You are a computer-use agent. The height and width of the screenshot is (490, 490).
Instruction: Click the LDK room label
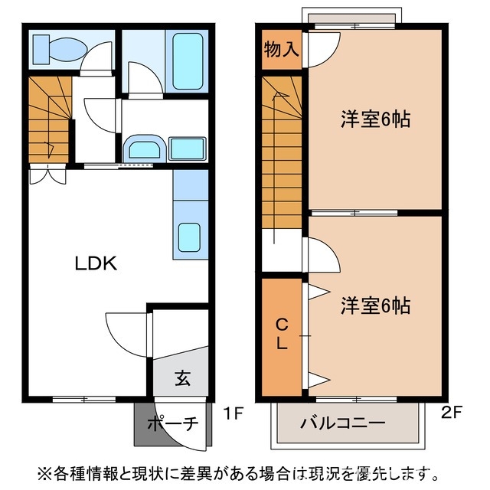pyautogui.click(x=95, y=264)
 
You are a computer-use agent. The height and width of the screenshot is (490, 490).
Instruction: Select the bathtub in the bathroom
pyautogui.click(x=189, y=60)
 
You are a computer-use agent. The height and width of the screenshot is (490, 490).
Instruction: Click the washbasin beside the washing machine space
pyautogui.click(x=143, y=147)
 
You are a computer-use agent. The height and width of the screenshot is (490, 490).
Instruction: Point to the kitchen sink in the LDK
pyautogui.click(x=189, y=237)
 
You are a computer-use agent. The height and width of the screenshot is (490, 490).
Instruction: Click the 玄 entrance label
pyautogui.click(x=182, y=377)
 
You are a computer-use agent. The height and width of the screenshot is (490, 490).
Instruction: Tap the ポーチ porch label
pyautogui.click(x=171, y=423)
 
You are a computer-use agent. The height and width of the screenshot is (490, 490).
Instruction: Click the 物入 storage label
pyautogui.click(x=281, y=51)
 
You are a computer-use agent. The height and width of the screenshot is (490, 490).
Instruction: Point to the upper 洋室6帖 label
pyautogui.click(x=375, y=119)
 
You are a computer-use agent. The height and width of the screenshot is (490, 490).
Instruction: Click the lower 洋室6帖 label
pyautogui.click(x=375, y=306)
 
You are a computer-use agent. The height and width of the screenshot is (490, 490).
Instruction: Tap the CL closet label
pyautogui.click(x=281, y=335)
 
